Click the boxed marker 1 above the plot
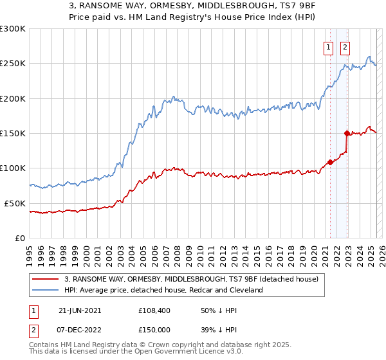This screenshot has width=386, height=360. [x=328, y=47]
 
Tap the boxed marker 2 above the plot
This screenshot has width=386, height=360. [x=345, y=47]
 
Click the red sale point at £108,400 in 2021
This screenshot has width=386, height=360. [x=330, y=162]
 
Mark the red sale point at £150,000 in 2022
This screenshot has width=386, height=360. [x=347, y=134]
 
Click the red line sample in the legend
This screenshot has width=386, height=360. [x=45, y=280]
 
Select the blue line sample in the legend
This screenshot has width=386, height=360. [x=45, y=290]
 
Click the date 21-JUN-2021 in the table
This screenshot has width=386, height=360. [x=80, y=310]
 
